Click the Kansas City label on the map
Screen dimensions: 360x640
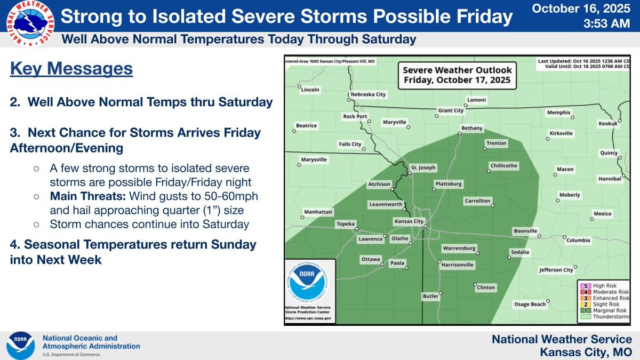click(409, 221)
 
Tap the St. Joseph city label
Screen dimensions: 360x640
click(423, 167)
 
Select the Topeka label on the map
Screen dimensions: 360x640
click(346, 224)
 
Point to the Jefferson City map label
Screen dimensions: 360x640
click(556, 270)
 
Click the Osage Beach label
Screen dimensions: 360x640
click(530, 304)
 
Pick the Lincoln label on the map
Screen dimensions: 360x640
click(310, 90)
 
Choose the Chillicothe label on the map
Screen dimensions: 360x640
click(503, 165)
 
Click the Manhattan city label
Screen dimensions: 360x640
click(318, 211)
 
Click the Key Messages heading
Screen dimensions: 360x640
click(71, 69)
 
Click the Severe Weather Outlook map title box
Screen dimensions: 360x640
click(457, 75)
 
